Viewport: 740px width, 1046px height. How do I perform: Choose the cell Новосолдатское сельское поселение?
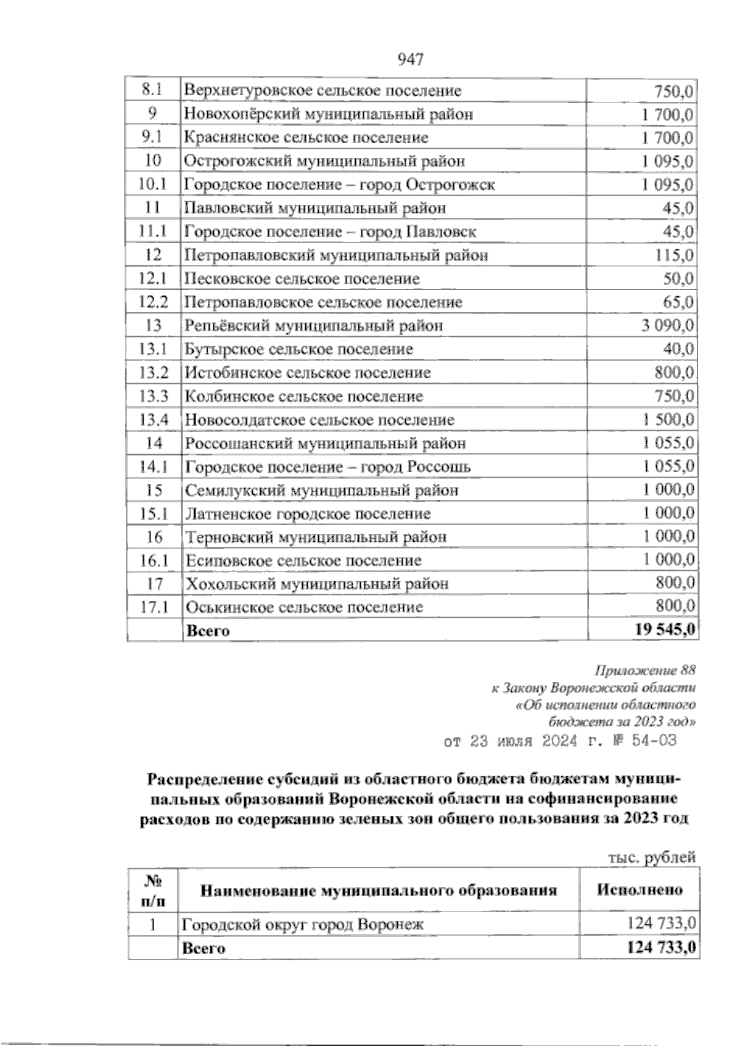point(319,420)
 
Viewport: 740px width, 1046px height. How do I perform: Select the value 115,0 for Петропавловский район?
point(675,255)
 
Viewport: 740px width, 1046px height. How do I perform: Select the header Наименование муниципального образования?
point(379,890)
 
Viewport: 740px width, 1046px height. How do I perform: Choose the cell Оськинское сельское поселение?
point(305,607)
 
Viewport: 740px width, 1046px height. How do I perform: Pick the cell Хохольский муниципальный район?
point(317,584)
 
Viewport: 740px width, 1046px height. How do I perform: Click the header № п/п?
point(153,890)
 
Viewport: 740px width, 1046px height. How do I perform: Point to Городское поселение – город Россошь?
point(327,467)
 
